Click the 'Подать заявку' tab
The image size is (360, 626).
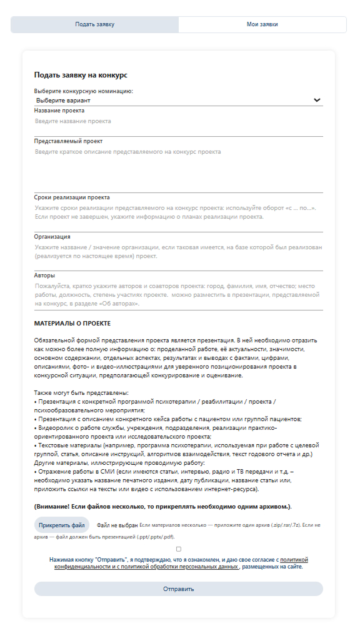point(94,24)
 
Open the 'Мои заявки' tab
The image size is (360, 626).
point(262,24)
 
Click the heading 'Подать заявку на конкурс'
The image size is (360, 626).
point(81,75)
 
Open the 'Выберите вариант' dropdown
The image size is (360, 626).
point(175,100)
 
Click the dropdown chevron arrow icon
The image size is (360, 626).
point(317,100)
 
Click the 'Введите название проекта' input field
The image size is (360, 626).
point(178,121)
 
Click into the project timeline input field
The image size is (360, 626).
point(178,212)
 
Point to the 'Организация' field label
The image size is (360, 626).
point(52,237)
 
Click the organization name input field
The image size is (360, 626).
point(178,252)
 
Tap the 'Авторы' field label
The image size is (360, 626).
point(44,276)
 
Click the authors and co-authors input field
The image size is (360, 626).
point(178,294)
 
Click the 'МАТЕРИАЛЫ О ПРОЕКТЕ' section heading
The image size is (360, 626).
point(72,324)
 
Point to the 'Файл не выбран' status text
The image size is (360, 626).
point(117,525)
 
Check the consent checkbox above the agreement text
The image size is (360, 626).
point(179,549)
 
